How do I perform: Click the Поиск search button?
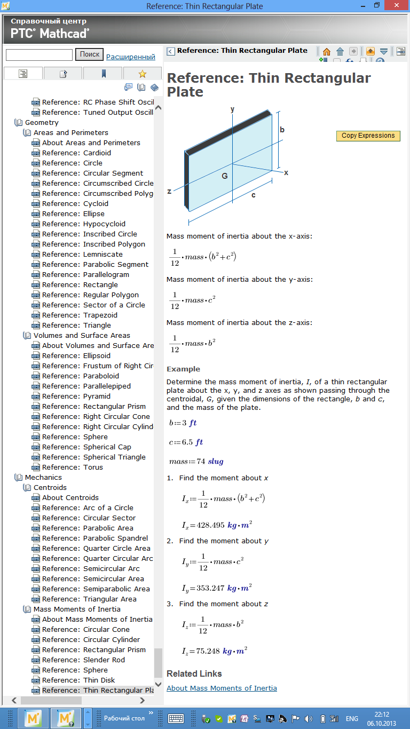tap(89, 54)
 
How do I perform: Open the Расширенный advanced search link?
tap(130, 57)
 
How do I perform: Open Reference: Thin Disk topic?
tap(78, 680)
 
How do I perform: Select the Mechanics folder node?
tap(43, 477)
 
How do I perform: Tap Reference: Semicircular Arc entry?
tap(91, 568)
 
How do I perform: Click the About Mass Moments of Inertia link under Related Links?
tap(222, 688)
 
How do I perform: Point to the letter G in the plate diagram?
tap(225, 176)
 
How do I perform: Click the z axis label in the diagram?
tap(169, 191)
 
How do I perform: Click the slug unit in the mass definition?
tap(216, 461)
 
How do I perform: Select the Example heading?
tap(183, 369)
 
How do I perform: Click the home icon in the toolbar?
tap(326, 52)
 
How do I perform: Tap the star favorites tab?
tap(142, 74)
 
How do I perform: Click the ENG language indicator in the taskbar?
tap(352, 718)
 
